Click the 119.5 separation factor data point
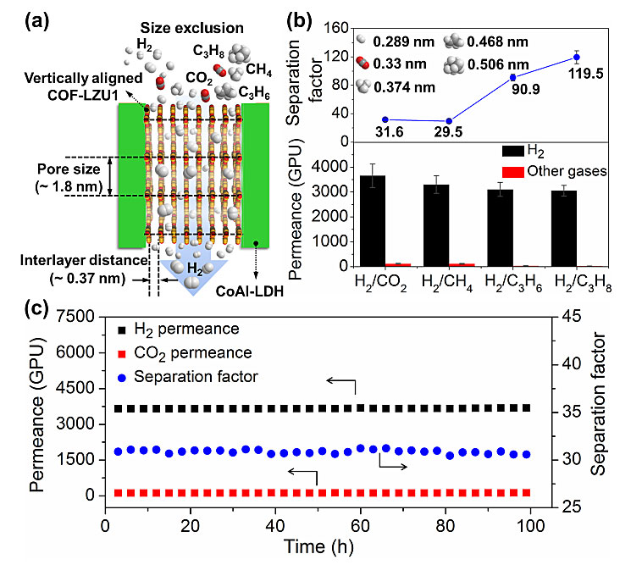577,58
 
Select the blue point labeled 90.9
512,77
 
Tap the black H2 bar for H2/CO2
372,220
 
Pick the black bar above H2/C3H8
564,229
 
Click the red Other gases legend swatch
513,172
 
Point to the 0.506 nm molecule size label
498,64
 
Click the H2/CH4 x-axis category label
446,282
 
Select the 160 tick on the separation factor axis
335,28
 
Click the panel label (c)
37,307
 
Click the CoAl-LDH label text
249,291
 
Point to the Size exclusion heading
191,28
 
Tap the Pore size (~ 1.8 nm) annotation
69,178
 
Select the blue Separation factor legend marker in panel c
122,378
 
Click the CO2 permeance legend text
193,353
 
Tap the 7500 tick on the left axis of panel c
75,317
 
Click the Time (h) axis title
318,547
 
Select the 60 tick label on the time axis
360,526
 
